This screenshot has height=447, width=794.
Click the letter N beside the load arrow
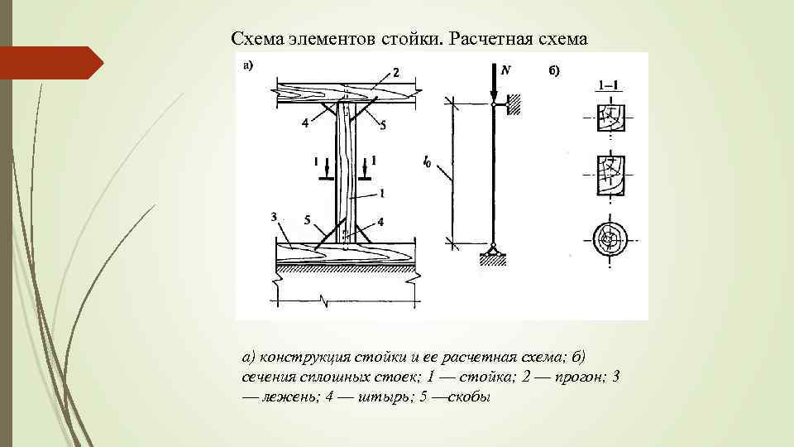pos(505,70)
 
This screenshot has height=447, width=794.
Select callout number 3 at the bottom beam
pos(273,217)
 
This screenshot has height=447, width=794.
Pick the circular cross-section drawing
pos(609,240)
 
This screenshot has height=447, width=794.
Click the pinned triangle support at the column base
pos(493,248)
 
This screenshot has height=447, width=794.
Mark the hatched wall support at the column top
pos(512,103)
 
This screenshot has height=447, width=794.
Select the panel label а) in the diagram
pos(247,65)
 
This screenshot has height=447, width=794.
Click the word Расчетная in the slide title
pos(491,39)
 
